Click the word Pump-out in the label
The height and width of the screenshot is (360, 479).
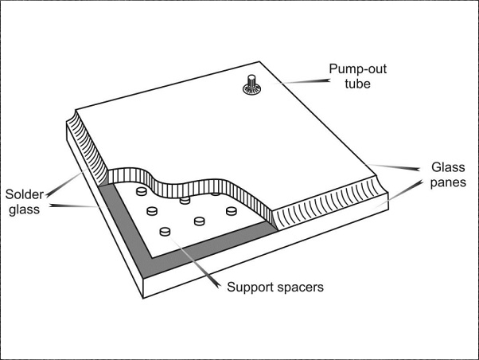pyautogui.click(x=357, y=69)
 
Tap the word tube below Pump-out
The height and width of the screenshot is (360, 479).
pyautogui.click(x=357, y=84)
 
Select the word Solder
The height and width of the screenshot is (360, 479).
pyautogui.click(x=25, y=194)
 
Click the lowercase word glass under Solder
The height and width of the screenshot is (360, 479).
pyautogui.click(x=24, y=209)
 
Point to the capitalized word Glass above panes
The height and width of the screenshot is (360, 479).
pyautogui.click(x=448, y=167)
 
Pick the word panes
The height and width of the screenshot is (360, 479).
pyautogui.click(x=448, y=182)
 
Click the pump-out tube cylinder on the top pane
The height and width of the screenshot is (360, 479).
pyautogui.click(x=251, y=82)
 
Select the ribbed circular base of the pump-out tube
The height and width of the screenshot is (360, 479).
pyautogui.click(x=251, y=90)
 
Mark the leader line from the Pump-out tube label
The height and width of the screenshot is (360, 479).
pyautogui.click(x=302, y=82)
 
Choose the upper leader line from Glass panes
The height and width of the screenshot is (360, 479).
pyautogui.click(x=393, y=167)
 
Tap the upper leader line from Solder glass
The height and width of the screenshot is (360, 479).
pyautogui.click(x=66, y=182)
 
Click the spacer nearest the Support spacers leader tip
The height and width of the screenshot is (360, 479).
pyautogui.click(x=165, y=232)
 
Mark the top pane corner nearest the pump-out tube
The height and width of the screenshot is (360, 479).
pyautogui.click(x=259, y=62)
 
